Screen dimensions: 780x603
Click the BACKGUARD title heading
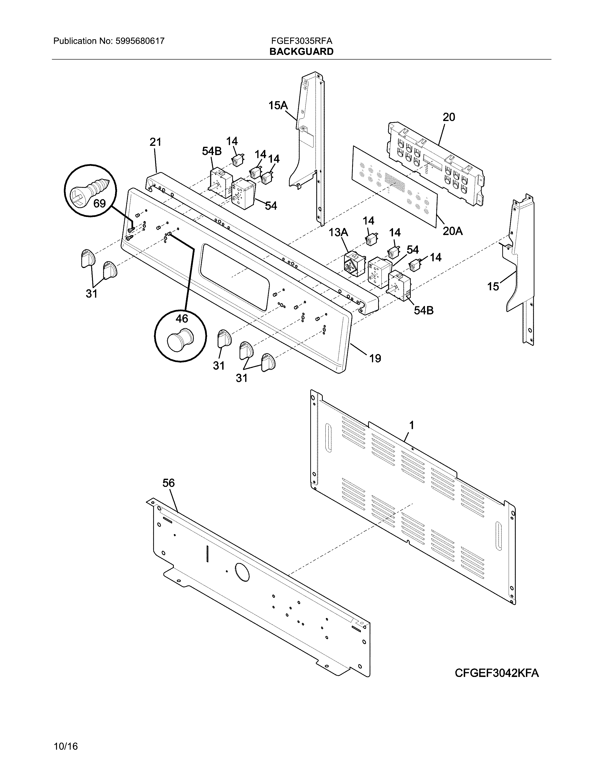coord(301,52)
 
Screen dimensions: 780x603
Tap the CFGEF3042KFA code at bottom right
coord(497,673)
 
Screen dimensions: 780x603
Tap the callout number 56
coord(168,483)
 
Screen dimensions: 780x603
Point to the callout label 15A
coord(278,105)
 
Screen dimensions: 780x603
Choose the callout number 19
coord(375,358)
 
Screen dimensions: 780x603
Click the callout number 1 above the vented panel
coord(411,425)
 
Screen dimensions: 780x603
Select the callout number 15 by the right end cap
coord(493,286)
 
